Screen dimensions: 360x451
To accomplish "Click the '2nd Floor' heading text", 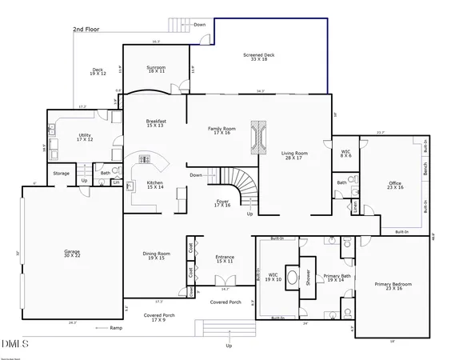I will pos(87,30).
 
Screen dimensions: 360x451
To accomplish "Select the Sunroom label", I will pos(156,69).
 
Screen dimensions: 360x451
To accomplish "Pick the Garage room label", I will pos(72,254).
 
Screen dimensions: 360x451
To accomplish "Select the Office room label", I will pos(394,184).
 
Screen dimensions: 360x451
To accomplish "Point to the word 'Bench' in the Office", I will pos(425,170).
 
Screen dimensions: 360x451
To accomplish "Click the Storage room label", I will pos(62,173).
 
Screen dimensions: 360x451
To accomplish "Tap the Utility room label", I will pos(84,138).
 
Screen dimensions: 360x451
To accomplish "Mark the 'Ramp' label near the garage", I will pos(116,328).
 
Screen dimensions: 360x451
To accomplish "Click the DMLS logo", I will pos(15,345).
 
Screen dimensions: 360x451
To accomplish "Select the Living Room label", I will pos(294,155).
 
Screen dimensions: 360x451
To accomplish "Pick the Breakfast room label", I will pos(155,123).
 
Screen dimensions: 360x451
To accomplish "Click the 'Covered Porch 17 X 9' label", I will pos(154,318).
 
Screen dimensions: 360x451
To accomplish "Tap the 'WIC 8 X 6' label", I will pos(345,153).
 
